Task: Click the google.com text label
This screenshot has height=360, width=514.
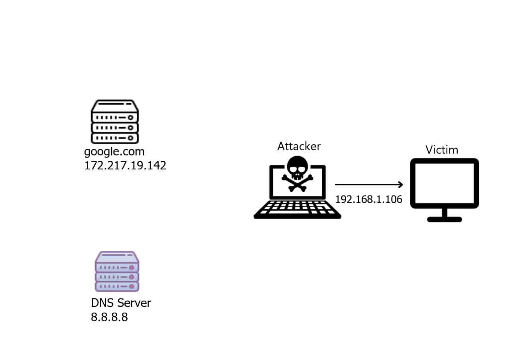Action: click(x=114, y=152)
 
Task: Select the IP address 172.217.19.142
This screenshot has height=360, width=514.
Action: click(x=125, y=165)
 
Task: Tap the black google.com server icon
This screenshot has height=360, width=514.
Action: click(x=115, y=122)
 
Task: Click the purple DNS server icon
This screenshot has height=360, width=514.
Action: click(x=116, y=271)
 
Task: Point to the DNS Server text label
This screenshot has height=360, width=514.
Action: click(x=121, y=303)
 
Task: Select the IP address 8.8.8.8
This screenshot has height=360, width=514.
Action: click(x=109, y=317)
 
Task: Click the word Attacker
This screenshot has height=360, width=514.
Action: click(x=299, y=146)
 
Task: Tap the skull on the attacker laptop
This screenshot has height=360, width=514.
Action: click(x=297, y=167)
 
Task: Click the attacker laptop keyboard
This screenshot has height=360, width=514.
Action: click(x=297, y=209)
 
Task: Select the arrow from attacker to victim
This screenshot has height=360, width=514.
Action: click(x=367, y=185)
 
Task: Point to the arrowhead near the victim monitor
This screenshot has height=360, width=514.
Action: click(x=400, y=185)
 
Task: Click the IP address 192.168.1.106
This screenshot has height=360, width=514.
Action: click(x=368, y=199)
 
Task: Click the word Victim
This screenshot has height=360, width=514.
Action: click(x=441, y=150)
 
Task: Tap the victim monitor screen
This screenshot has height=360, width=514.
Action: click(x=444, y=183)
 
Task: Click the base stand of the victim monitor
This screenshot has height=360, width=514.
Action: click(x=444, y=219)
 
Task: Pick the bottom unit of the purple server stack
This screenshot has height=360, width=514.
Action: click(x=116, y=286)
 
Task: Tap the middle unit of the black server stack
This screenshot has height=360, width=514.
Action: click(x=115, y=128)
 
